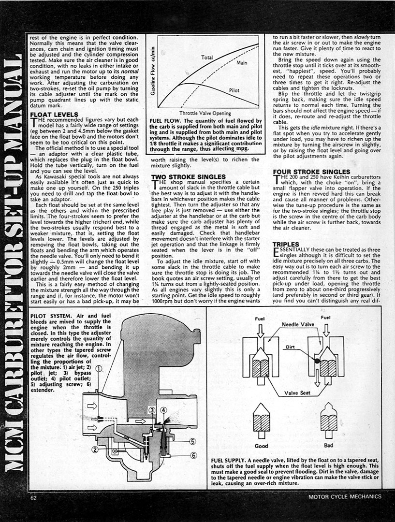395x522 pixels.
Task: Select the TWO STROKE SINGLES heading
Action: coord(189,176)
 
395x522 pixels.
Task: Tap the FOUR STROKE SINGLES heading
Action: coord(311,172)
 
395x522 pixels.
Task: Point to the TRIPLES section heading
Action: coord(286,245)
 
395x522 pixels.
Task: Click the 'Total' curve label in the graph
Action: coord(207,58)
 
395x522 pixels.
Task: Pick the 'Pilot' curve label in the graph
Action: coord(234,90)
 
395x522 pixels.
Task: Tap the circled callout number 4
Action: coord(163,411)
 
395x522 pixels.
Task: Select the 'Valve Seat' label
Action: coord(298,392)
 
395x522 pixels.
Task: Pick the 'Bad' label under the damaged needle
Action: coord(329,445)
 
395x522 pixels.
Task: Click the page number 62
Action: coord(33,496)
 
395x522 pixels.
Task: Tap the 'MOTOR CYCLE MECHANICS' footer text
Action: coord(344,496)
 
